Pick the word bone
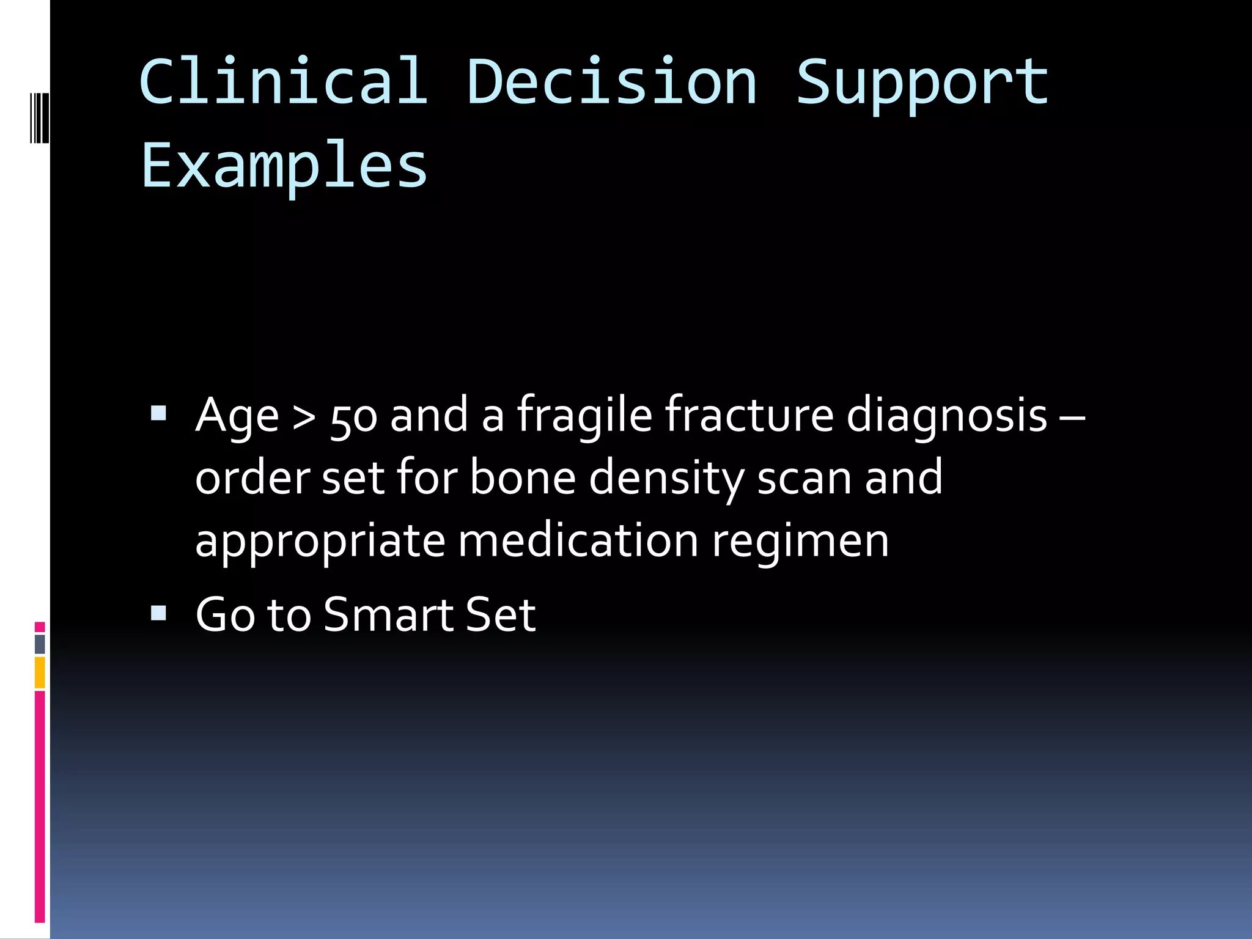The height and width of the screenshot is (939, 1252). click(x=523, y=478)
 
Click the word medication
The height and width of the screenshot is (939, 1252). click(x=578, y=541)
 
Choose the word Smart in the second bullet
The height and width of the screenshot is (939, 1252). click(x=387, y=614)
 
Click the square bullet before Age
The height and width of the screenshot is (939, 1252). click(x=158, y=414)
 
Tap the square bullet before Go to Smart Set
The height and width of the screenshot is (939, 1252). click(x=158, y=613)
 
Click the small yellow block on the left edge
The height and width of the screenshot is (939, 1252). click(x=40, y=672)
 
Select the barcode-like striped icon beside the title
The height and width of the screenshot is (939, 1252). click(x=39, y=117)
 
